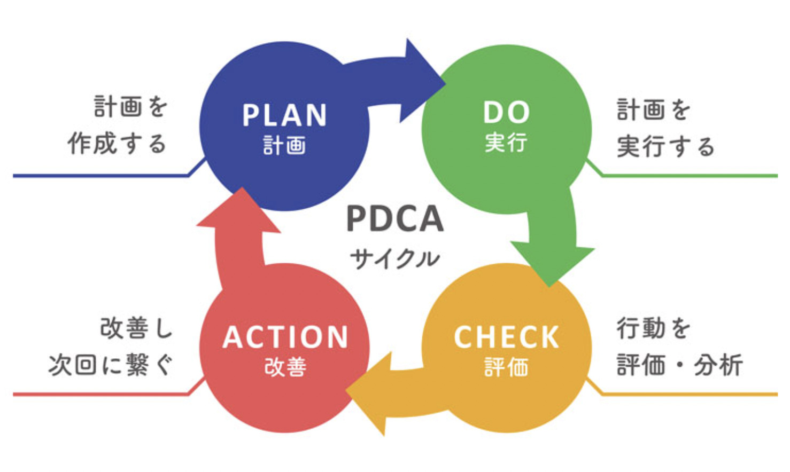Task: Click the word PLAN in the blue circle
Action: point(284,115)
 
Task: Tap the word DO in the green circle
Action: point(507,112)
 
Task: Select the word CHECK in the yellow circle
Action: point(507,337)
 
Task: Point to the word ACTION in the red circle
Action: point(285,337)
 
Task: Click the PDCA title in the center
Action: point(395,219)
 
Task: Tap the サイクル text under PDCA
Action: point(395,259)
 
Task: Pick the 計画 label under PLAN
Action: point(284,145)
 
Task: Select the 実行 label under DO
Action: point(506,143)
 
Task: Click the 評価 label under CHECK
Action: point(507,367)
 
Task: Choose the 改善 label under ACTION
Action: point(285,367)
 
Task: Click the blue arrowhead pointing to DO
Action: point(421,82)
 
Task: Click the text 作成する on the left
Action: point(117,144)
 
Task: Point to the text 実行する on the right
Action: point(666,146)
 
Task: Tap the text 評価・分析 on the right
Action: point(680,365)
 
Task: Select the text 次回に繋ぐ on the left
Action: point(111,365)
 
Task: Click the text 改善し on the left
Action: point(136,328)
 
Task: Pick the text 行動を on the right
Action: point(653,328)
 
